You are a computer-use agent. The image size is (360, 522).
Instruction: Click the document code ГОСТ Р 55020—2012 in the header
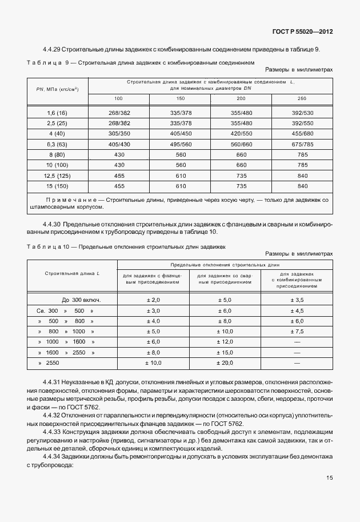[x=303, y=31]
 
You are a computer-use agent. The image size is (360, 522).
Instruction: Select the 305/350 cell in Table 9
[x=119, y=133]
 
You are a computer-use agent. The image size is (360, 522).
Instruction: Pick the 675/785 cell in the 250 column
[x=302, y=144]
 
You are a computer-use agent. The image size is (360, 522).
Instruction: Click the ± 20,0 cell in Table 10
[x=225, y=363]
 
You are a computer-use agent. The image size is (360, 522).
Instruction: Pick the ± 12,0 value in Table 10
[x=225, y=342]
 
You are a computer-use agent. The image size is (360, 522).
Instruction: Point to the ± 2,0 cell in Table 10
[x=153, y=300]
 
